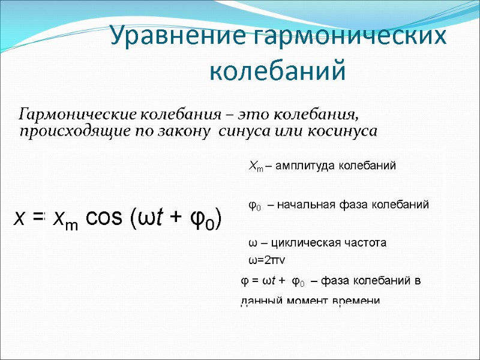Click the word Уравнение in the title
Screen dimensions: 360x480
coord(178,37)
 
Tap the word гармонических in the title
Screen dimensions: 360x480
coord(349,37)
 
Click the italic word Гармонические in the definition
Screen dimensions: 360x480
coord(78,113)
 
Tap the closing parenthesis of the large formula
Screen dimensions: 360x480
coord(219,220)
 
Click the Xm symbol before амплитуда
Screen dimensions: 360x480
coord(255,167)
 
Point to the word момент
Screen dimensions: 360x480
coord(309,299)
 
